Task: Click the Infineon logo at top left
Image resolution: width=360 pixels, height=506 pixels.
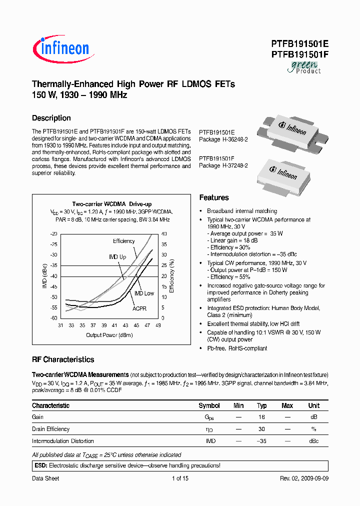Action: (60, 48)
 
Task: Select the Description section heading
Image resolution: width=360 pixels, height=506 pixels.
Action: (51, 118)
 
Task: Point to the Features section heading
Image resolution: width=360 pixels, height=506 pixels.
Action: (214, 197)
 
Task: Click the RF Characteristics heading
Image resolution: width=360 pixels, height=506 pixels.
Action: (63, 359)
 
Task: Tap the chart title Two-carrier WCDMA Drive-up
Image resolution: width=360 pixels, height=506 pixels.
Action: (112, 204)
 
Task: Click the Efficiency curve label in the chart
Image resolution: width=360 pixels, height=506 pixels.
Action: (123, 241)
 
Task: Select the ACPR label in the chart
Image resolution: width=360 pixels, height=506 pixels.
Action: (139, 308)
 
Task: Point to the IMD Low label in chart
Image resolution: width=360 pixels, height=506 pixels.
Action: (144, 293)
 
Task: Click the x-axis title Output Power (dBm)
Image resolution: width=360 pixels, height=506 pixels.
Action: (108, 335)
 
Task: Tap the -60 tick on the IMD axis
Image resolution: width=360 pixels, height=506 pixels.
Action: (53, 318)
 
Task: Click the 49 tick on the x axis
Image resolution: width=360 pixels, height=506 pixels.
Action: (158, 325)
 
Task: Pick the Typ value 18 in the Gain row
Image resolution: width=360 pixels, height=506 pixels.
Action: (261, 416)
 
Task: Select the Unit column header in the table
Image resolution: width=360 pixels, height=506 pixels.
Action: (313, 405)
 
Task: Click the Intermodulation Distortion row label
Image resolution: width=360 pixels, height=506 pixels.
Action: (63, 441)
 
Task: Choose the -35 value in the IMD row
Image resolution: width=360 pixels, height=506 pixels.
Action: (261, 441)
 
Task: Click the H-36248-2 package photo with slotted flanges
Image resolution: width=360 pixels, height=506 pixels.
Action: (293, 132)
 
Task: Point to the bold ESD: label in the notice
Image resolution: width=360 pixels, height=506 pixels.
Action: (40, 465)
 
